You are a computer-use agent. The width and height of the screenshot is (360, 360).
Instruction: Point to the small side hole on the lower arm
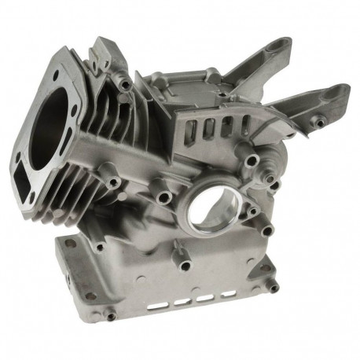click(321, 120)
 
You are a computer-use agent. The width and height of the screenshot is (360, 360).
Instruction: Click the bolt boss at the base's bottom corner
click(108, 317)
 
